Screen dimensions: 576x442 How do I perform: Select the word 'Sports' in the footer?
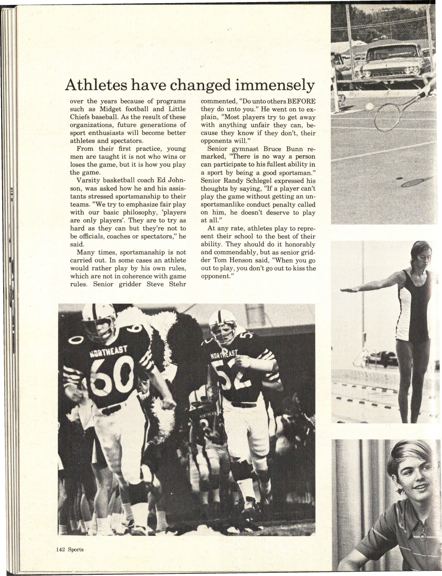76,549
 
